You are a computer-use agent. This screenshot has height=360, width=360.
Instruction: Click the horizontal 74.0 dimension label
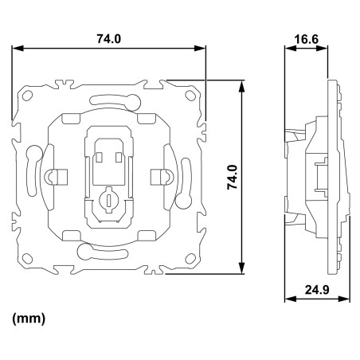pos(108,39)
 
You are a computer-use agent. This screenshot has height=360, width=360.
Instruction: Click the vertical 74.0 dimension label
pos(233,177)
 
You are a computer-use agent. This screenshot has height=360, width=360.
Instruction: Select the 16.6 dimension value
pos(306,40)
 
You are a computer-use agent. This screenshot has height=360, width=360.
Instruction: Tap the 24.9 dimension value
pos(317,290)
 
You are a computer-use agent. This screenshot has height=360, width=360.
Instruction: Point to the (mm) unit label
pos(29,318)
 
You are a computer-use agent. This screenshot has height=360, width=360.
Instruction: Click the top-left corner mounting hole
pos(27,96)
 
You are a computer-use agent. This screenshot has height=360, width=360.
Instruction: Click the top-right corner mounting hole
pos(190,96)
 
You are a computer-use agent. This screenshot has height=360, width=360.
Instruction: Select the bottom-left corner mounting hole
pos(27,258)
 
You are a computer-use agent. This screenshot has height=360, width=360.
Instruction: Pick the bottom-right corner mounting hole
pos(190,258)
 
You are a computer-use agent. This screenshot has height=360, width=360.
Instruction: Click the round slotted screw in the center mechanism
pos(108,199)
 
